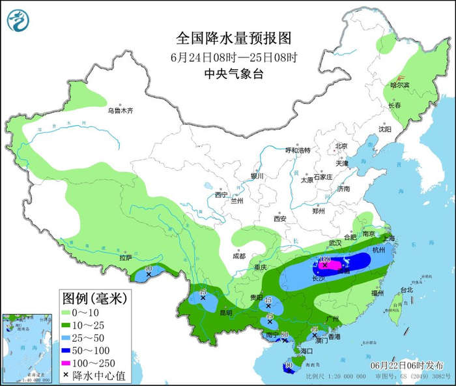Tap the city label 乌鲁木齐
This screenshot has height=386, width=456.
121,111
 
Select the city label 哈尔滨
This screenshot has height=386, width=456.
399,85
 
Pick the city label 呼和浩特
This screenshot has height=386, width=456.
297,150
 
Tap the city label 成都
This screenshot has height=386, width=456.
238,256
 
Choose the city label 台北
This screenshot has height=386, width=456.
406,289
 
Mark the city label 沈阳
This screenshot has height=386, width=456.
385,129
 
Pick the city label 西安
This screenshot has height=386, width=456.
280,219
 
